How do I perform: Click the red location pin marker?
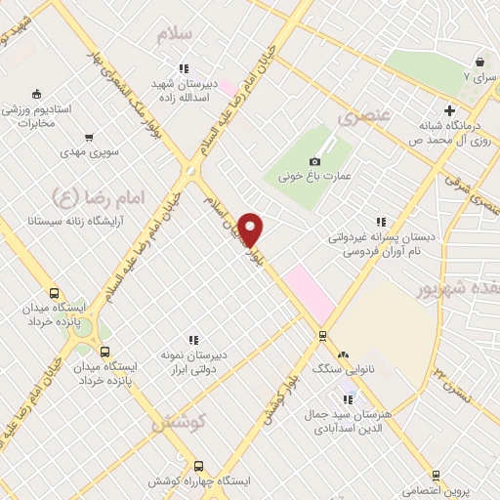[251, 229]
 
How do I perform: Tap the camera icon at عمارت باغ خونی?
[314, 161]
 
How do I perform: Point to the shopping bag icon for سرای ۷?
[480, 60]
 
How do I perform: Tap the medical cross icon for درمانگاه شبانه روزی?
[449, 109]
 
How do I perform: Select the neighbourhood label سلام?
[182, 33]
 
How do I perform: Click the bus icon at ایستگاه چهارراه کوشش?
[199, 466]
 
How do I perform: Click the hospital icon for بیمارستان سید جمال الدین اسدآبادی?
[346, 399]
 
